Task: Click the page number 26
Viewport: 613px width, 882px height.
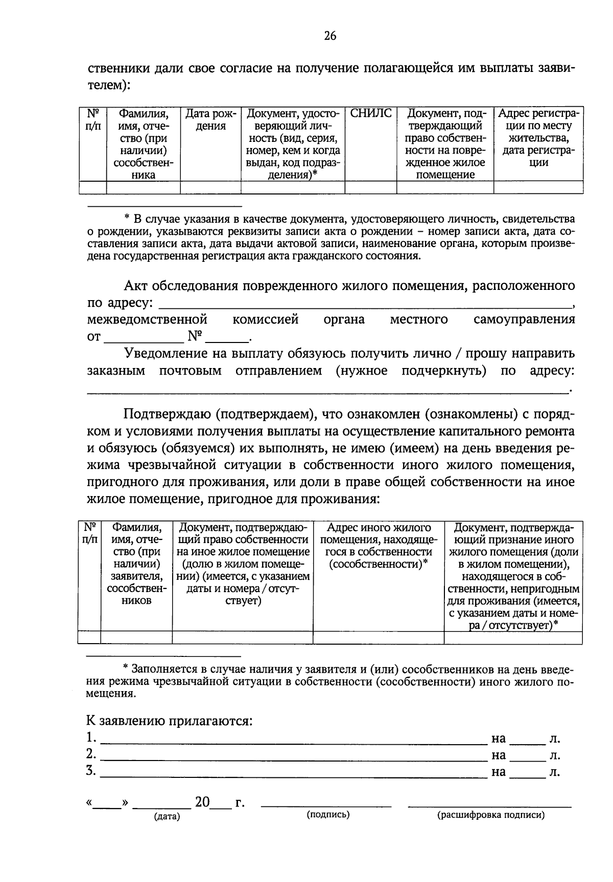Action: tap(330, 36)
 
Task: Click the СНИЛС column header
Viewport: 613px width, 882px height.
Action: tap(371, 113)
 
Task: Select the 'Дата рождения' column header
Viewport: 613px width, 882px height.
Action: tap(210, 119)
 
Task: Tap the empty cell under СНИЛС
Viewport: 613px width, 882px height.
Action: tap(371, 187)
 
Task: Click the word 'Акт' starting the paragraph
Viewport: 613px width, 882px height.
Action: tap(135, 285)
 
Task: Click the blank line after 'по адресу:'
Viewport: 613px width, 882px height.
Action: tap(365, 305)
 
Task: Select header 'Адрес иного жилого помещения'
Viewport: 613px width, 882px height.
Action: tap(379, 546)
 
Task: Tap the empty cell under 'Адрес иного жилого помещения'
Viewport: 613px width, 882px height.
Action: tap(379, 638)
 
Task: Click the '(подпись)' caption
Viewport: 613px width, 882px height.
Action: tap(328, 815)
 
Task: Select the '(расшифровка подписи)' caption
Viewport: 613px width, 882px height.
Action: tap(490, 816)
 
